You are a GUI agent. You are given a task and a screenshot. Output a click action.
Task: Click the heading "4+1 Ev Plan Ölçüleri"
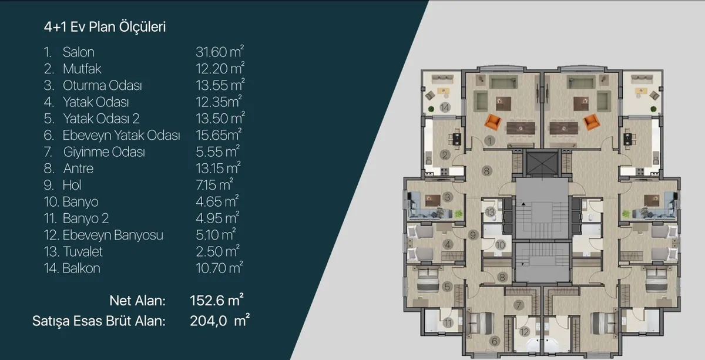click(105, 27)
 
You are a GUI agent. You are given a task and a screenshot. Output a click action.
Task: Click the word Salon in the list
click(78, 52)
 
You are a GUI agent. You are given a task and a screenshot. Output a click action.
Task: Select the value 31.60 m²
click(220, 52)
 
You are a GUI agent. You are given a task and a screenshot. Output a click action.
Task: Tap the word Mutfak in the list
click(82, 69)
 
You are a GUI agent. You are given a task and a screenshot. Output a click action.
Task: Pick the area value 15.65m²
click(219, 134)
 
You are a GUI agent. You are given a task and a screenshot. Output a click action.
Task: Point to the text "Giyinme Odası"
click(104, 152)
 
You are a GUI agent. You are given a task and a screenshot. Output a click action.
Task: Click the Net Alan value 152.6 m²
click(217, 300)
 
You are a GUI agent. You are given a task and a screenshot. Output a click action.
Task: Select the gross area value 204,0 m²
click(220, 321)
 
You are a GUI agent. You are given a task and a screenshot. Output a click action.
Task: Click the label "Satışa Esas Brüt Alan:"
click(99, 321)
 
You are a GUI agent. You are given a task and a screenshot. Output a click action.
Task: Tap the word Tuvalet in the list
click(83, 252)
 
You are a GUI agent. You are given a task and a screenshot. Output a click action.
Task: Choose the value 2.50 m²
click(217, 251)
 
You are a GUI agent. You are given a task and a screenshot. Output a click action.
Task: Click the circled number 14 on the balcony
click(445, 107)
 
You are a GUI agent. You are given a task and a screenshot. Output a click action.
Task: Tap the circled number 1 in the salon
click(489, 141)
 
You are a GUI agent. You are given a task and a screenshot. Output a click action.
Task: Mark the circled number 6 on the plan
click(494, 341)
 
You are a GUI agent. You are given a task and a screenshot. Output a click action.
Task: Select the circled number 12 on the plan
click(524, 332)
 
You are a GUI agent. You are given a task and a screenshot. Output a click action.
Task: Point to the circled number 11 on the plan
click(448, 323)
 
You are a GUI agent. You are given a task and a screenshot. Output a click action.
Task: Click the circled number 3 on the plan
click(448, 197)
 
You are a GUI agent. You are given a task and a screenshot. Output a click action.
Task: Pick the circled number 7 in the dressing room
click(518, 305)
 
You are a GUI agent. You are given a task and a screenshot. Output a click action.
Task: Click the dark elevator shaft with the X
click(542, 163)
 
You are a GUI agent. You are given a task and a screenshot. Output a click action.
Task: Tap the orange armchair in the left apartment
click(492, 122)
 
